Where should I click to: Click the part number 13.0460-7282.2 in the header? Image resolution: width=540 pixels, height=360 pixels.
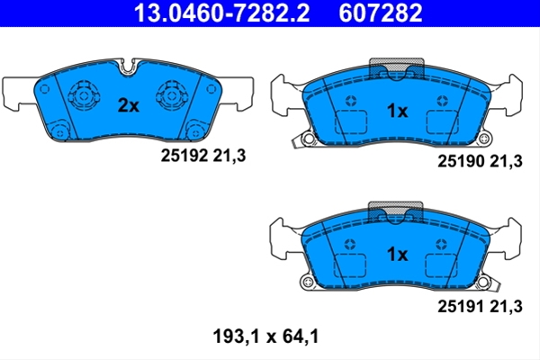(x=221, y=13)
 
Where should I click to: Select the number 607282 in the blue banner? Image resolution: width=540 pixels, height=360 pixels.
(x=380, y=13)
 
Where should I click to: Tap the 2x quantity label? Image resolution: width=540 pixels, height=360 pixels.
(x=129, y=105)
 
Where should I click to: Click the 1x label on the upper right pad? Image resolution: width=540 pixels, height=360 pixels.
(x=397, y=111)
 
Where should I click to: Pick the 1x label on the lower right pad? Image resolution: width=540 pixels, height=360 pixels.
(x=397, y=254)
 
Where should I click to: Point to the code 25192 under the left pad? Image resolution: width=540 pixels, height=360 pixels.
(x=184, y=156)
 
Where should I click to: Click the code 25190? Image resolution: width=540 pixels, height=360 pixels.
(x=461, y=161)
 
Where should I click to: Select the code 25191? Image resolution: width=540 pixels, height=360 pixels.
(x=461, y=306)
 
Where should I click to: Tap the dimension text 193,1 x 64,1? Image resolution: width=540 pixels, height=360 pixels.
(x=265, y=337)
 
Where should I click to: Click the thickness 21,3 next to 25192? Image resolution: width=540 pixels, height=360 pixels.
(x=229, y=156)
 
